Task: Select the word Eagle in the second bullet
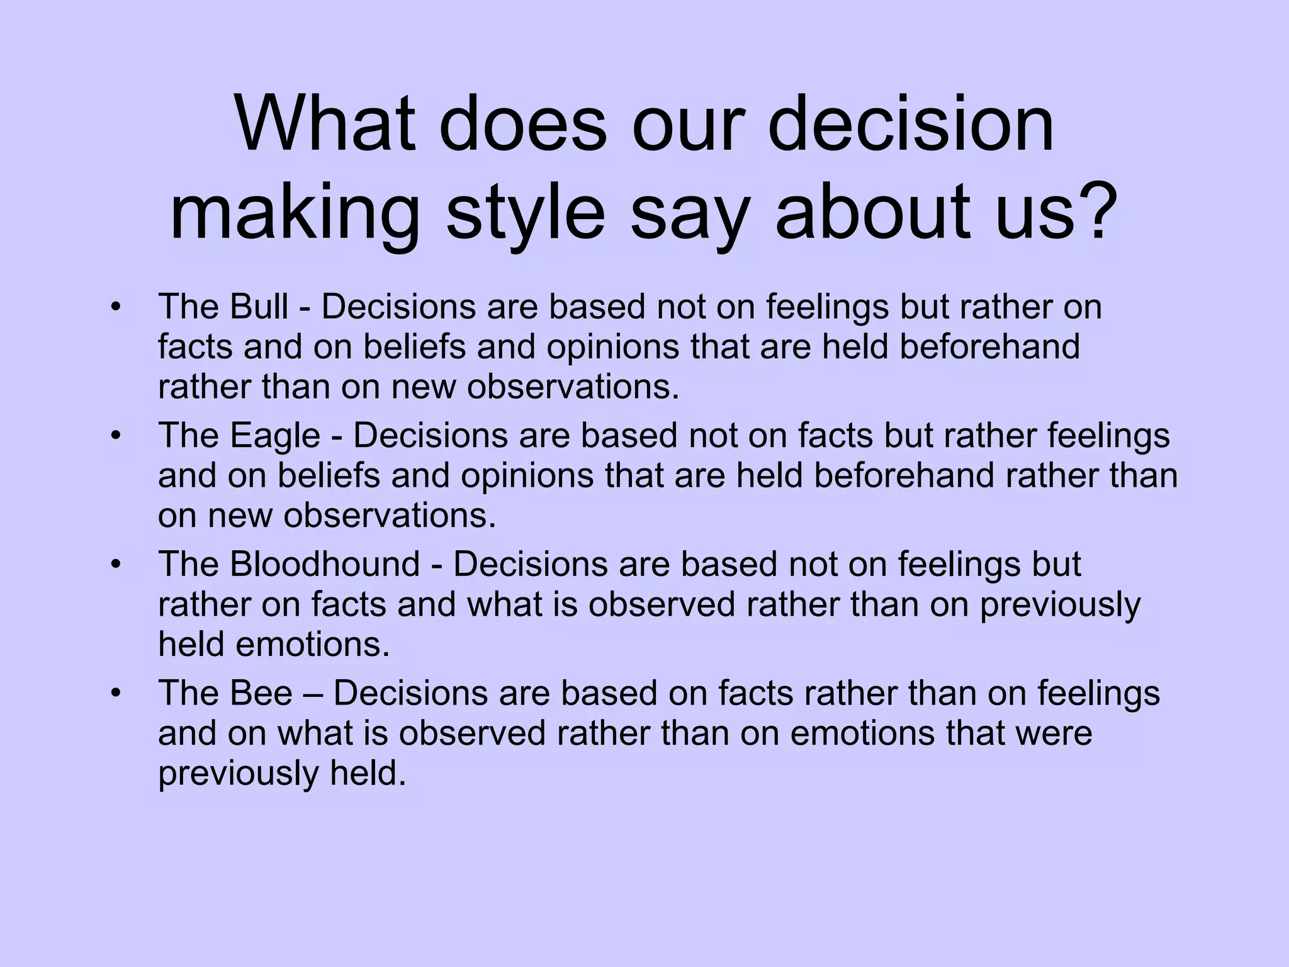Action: point(275,436)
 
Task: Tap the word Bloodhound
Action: point(325,564)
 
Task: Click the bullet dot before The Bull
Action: point(115,308)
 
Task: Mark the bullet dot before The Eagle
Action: point(115,436)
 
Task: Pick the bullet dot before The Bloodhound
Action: point(115,565)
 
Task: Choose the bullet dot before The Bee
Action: point(115,693)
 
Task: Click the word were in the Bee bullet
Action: point(1052,733)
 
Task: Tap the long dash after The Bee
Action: point(313,694)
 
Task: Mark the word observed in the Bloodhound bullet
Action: point(661,604)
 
